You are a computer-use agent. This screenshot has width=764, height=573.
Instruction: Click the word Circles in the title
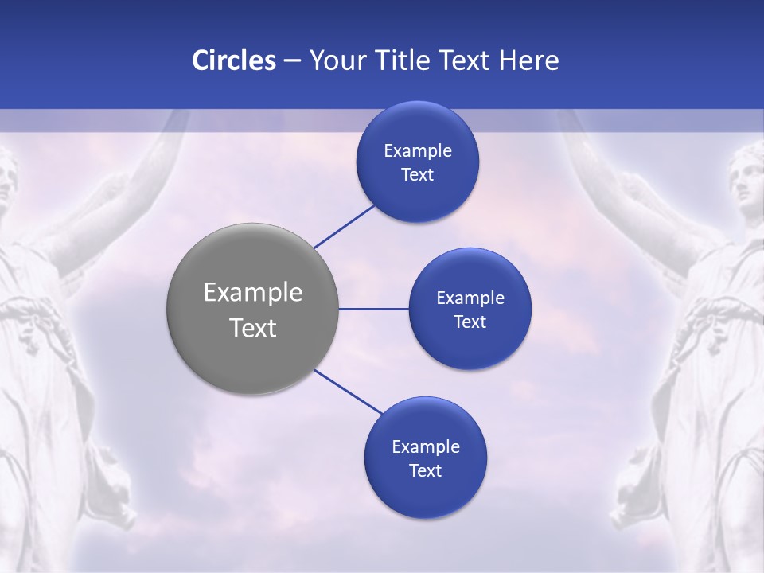pyautogui.click(x=233, y=60)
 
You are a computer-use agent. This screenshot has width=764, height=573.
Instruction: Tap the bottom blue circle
pyautogui.click(x=425, y=493)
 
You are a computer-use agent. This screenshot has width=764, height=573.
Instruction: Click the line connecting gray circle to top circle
pyautogui.click(x=345, y=226)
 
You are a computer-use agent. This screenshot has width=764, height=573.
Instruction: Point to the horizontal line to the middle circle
pyautogui.click(x=373, y=309)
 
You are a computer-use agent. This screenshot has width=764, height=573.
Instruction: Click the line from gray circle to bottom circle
pyautogui.click(x=349, y=392)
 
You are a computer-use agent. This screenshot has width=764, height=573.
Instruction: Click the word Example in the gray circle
pyautogui.click(x=252, y=293)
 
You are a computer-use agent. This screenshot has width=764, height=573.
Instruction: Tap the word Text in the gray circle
pyautogui.click(x=252, y=328)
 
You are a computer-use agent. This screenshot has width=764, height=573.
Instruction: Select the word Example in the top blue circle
pyautogui.click(x=417, y=151)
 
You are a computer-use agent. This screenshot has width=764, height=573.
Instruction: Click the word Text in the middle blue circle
pyautogui.click(x=470, y=322)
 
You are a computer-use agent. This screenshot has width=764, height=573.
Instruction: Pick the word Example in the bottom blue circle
pyautogui.click(x=425, y=447)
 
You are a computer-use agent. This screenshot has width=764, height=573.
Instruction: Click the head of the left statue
pyautogui.click(x=6, y=179)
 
